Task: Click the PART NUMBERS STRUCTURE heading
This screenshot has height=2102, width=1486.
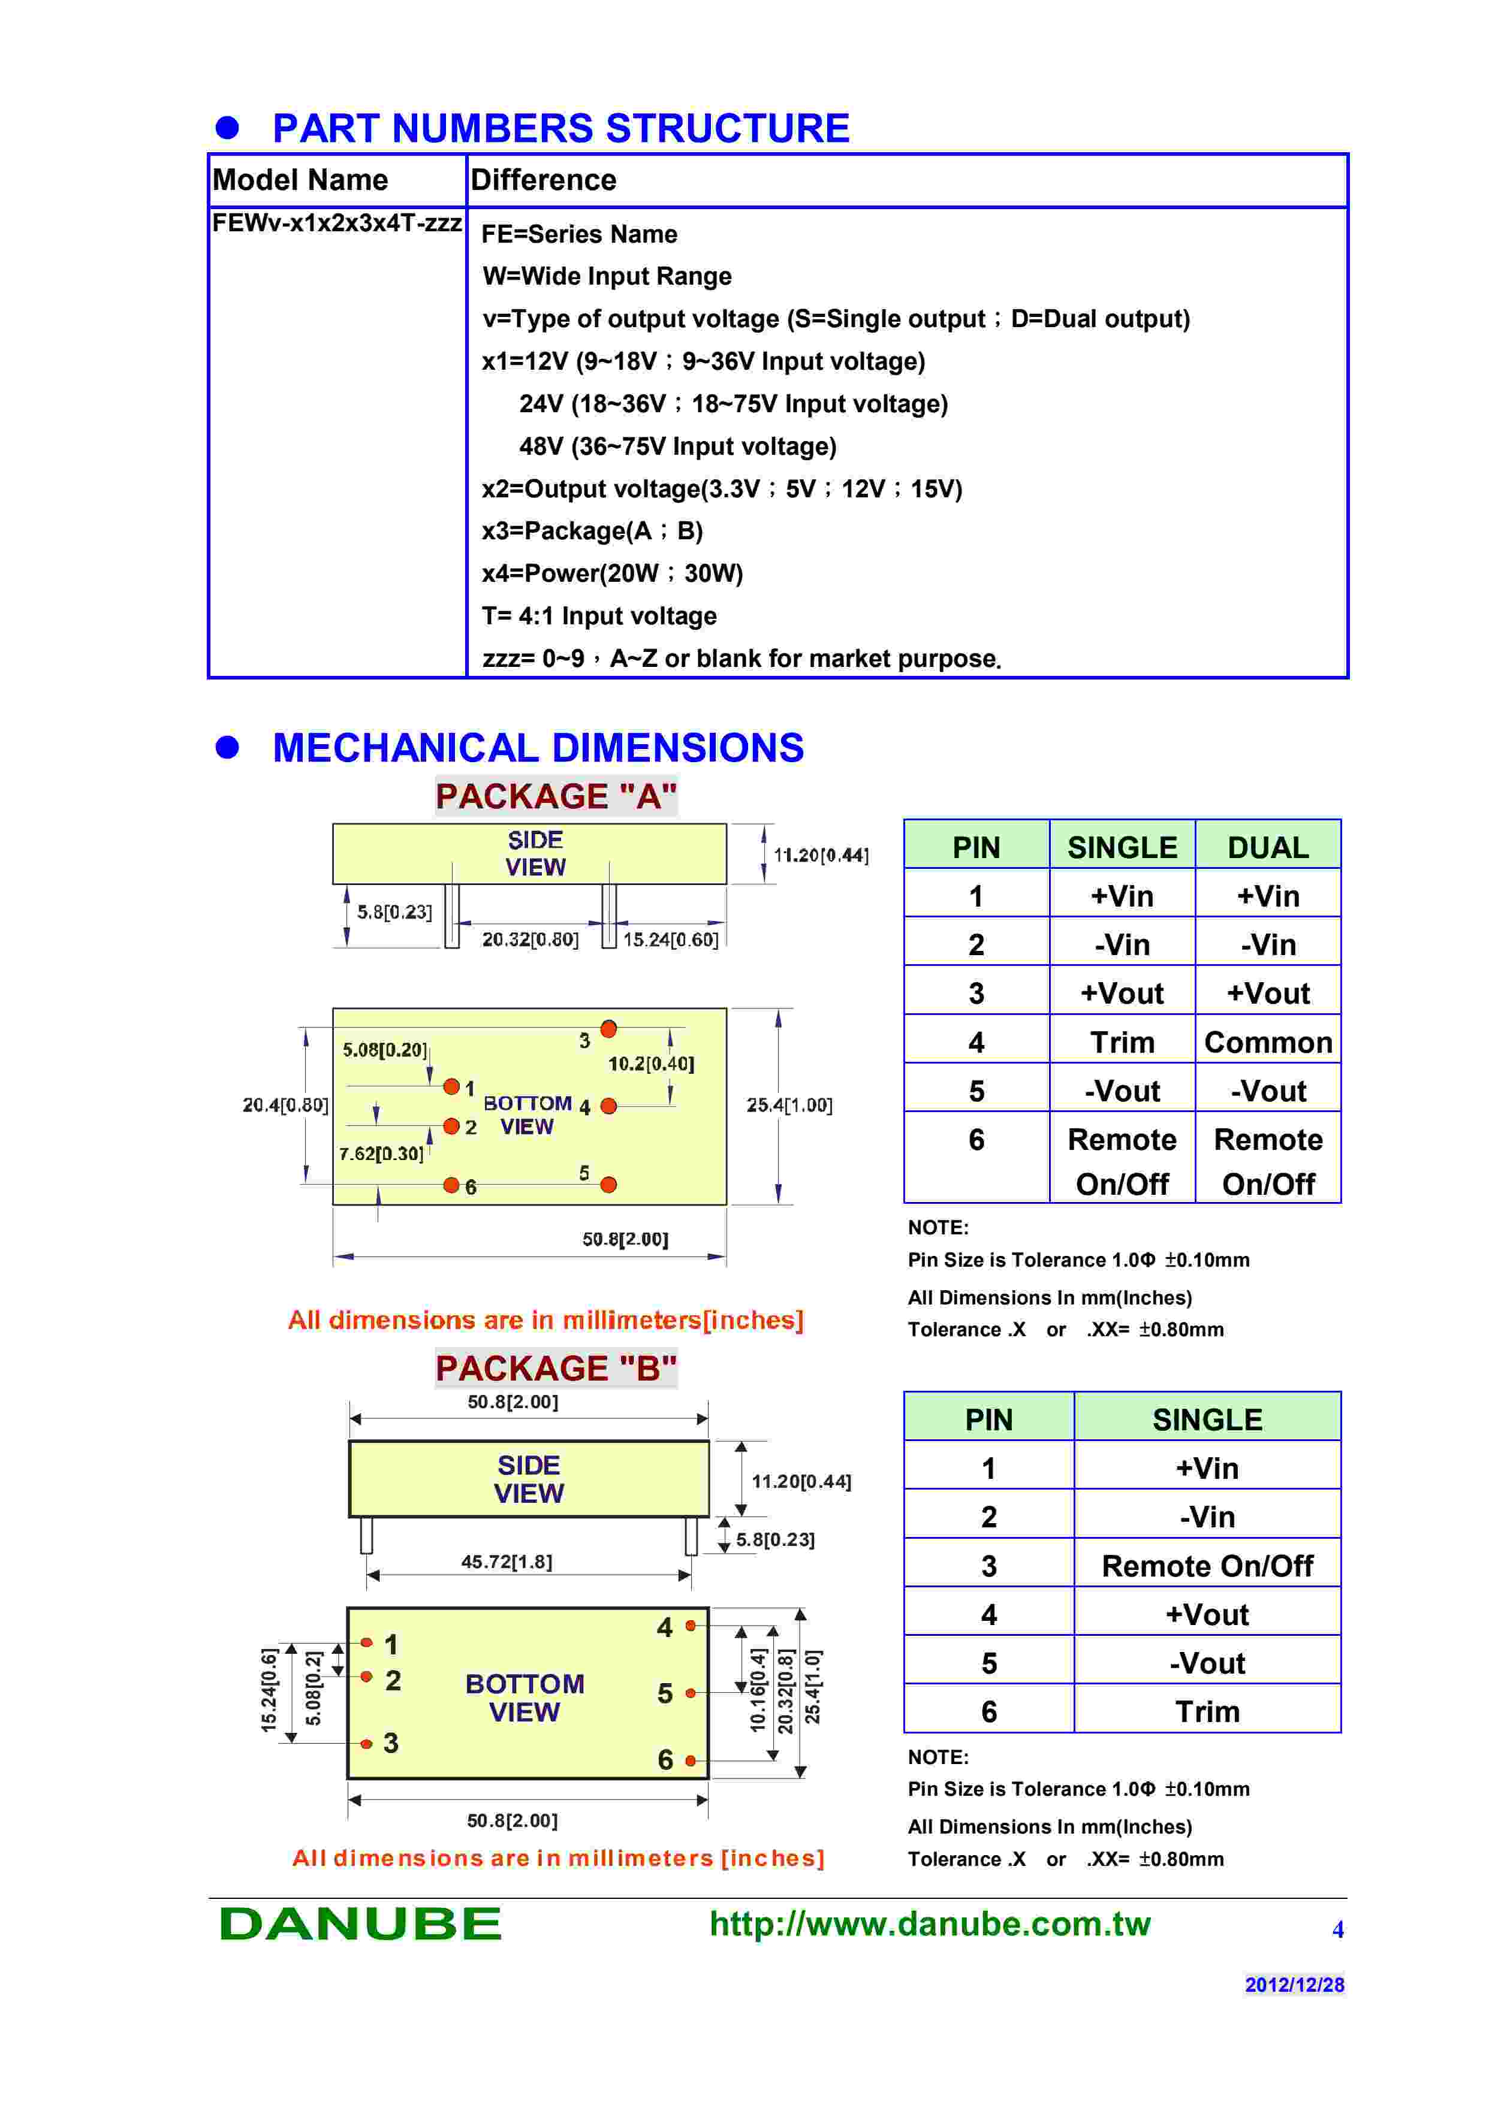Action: (x=560, y=128)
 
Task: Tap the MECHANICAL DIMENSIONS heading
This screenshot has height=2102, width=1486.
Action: (x=538, y=748)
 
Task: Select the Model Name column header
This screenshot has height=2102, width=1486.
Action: (x=300, y=180)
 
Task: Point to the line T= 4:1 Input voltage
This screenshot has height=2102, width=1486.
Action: (x=599, y=616)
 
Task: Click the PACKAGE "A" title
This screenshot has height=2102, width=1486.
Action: (x=556, y=796)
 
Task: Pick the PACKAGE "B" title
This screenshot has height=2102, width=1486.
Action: (x=556, y=1369)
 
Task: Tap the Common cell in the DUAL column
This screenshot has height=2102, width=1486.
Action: (x=1267, y=1042)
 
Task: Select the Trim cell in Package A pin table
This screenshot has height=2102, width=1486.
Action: (x=1122, y=1042)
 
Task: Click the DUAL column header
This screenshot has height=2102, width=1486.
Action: (x=1267, y=848)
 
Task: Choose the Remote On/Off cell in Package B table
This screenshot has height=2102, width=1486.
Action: (x=1207, y=1566)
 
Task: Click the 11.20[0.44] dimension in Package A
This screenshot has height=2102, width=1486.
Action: (x=821, y=855)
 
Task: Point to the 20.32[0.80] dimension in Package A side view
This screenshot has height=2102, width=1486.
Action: (x=530, y=940)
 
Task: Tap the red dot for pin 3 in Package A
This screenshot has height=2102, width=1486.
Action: (x=608, y=1029)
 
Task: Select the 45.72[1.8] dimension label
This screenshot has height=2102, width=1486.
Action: (x=507, y=1562)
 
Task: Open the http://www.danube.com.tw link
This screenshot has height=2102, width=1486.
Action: (x=929, y=1923)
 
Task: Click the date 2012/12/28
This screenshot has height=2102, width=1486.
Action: (x=1294, y=1985)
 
